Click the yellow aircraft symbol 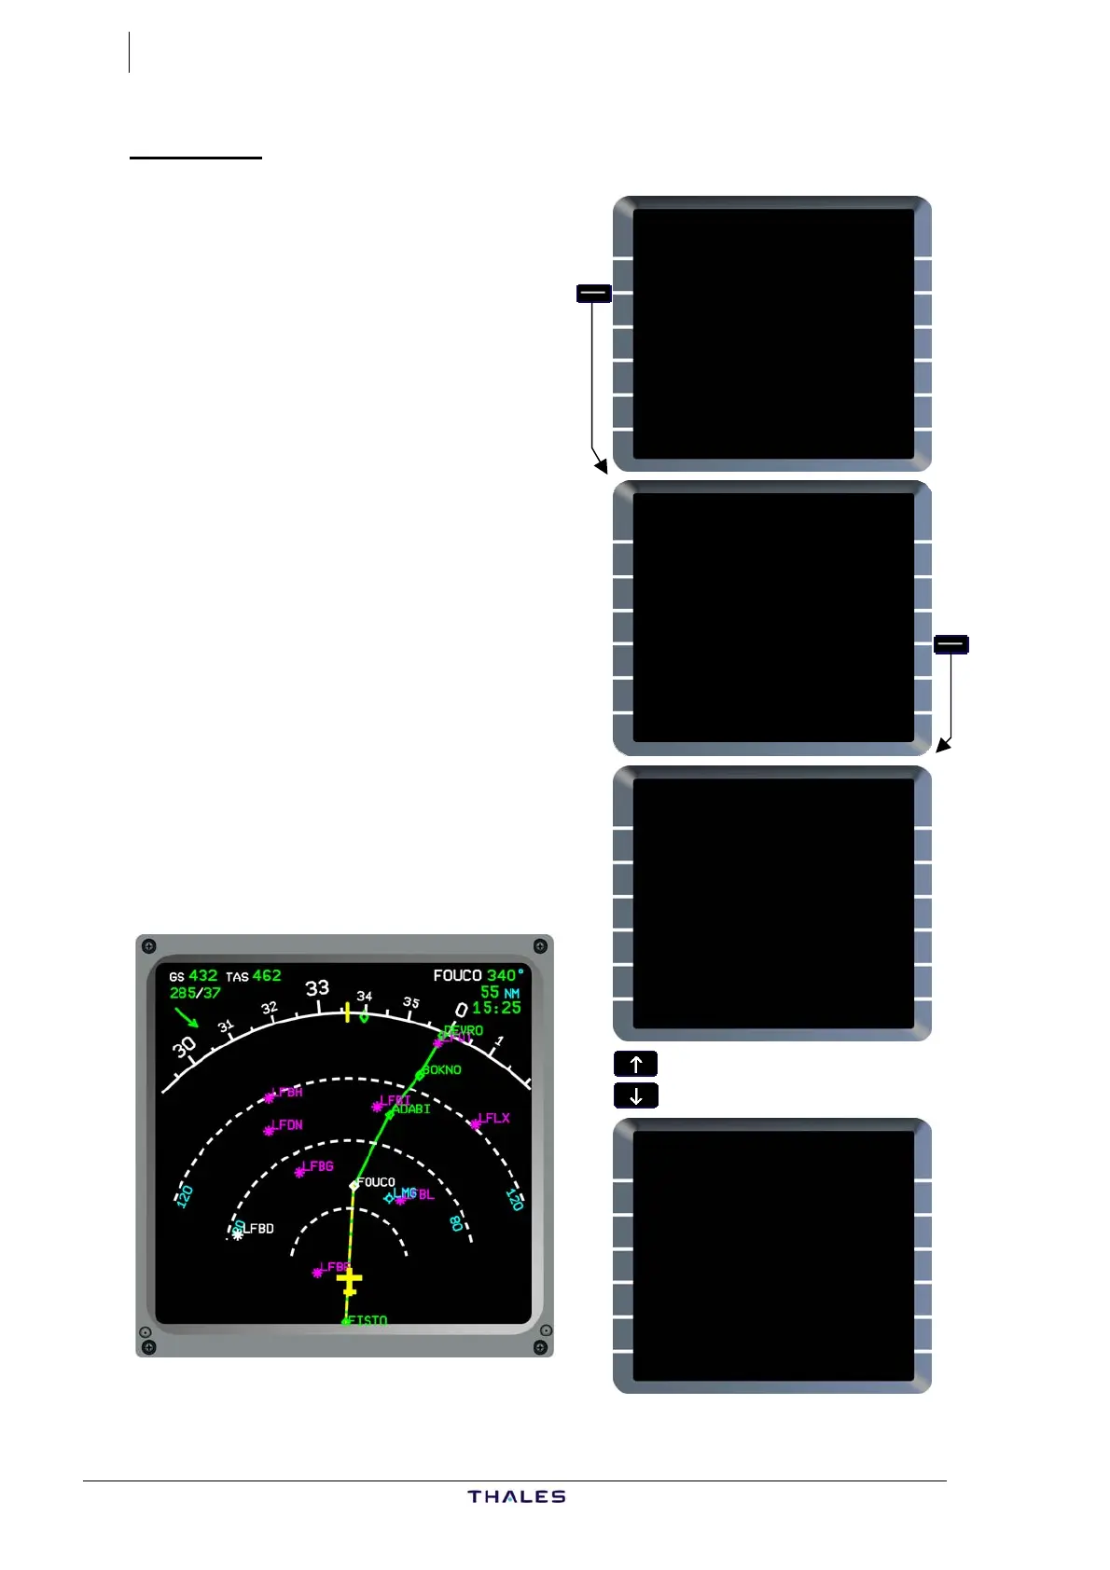[x=349, y=1282]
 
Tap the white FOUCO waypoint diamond [x=354, y=1185]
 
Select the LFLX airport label [x=494, y=1118]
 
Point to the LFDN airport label [x=287, y=1125]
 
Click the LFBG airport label [x=317, y=1166]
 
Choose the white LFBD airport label [x=258, y=1229]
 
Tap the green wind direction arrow [x=187, y=1017]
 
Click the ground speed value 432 [x=202, y=976]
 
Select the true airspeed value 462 [x=267, y=976]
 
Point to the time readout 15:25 [x=496, y=1008]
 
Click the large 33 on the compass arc [x=317, y=988]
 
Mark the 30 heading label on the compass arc [x=185, y=1047]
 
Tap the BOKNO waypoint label [x=442, y=1069]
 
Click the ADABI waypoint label [x=411, y=1109]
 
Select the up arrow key [x=635, y=1064]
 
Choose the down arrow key [x=635, y=1095]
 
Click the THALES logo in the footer [x=517, y=1496]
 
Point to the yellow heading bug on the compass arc [x=347, y=1012]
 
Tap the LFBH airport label [x=287, y=1092]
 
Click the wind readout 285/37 [x=195, y=993]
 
